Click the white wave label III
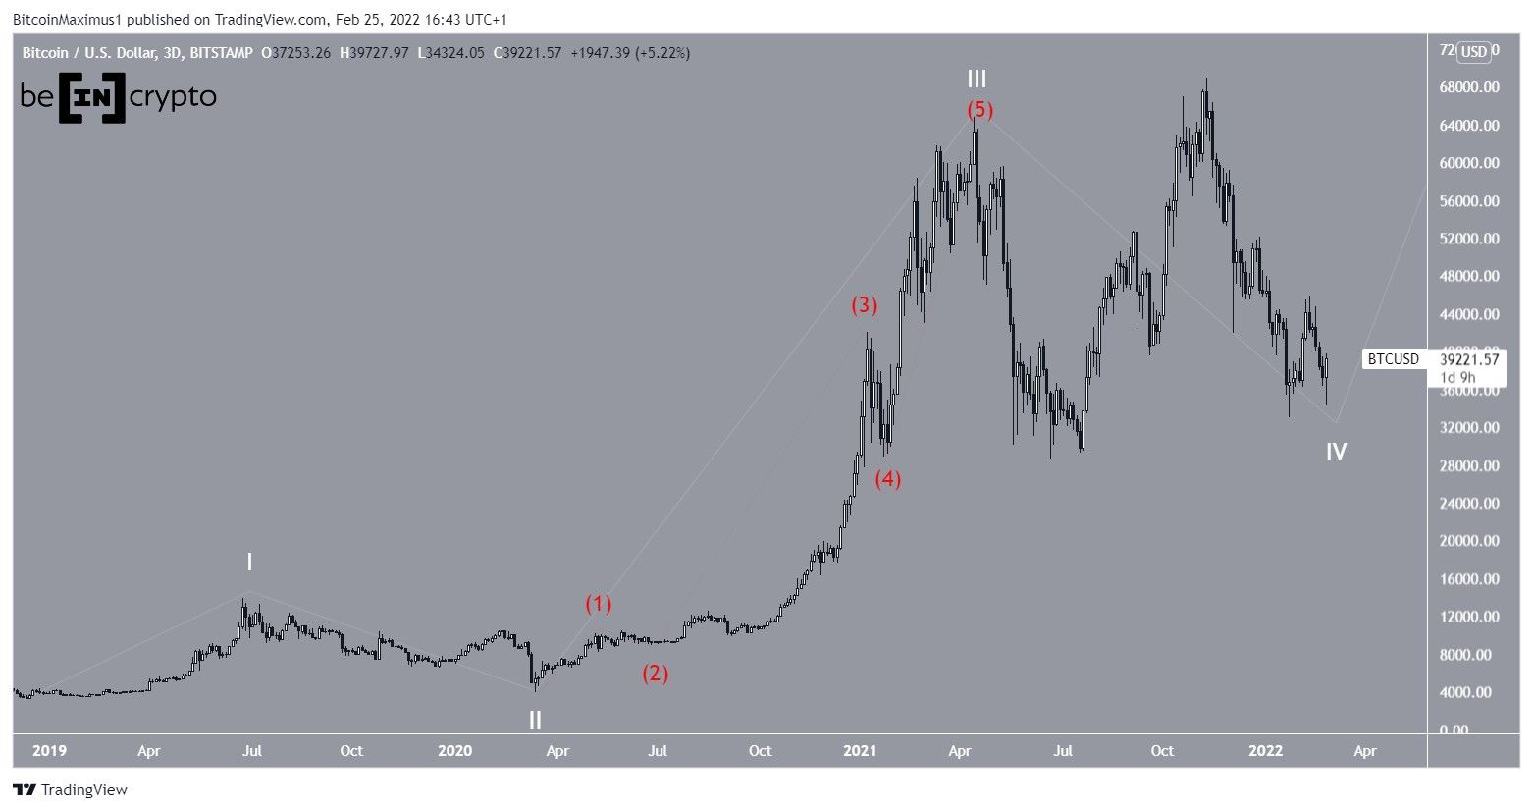pyautogui.click(x=977, y=80)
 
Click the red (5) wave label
pyautogui.click(x=979, y=109)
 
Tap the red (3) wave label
pyautogui.click(x=864, y=305)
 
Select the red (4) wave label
pyautogui.click(x=888, y=479)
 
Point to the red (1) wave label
pyautogui.click(x=599, y=604)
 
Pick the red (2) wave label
pyautogui.click(x=656, y=674)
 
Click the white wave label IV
pyautogui.click(x=1336, y=452)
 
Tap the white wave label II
pyautogui.click(x=535, y=720)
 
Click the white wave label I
pyautogui.click(x=249, y=563)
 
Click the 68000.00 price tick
pyautogui.click(x=1469, y=87)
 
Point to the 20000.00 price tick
pyautogui.click(x=1469, y=541)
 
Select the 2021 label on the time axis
pyautogui.click(x=860, y=751)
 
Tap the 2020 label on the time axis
pyautogui.click(x=454, y=751)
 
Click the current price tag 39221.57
pyautogui.click(x=1469, y=359)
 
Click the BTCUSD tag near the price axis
pyautogui.click(x=1394, y=359)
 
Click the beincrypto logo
pyautogui.click(x=118, y=97)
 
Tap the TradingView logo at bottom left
pyautogui.click(x=70, y=789)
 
